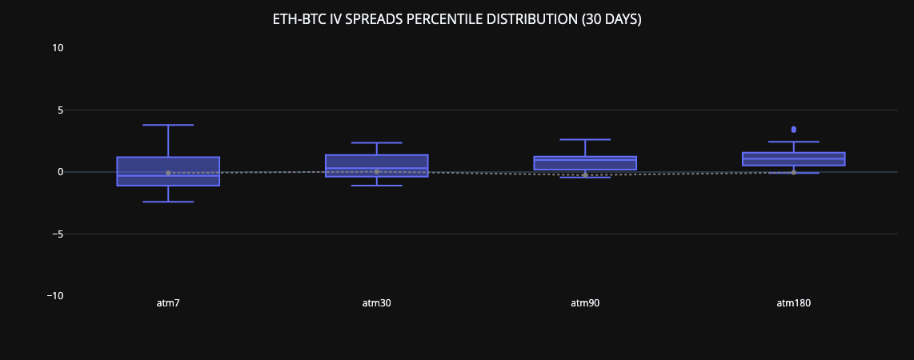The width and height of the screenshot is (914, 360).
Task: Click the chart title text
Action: [457, 18]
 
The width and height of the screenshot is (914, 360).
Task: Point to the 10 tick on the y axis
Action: [58, 48]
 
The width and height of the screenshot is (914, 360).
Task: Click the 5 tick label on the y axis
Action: [60, 110]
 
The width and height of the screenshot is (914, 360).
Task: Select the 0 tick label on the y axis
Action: [60, 172]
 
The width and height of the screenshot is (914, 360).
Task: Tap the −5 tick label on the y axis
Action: [56, 234]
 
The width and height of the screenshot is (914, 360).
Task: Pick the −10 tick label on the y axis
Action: [54, 296]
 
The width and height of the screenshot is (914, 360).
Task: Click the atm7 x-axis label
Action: [168, 303]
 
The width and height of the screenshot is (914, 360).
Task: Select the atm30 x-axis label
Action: [376, 303]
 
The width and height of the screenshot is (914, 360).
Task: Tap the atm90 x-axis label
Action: [585, 303]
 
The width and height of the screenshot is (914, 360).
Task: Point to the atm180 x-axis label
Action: [793, 303]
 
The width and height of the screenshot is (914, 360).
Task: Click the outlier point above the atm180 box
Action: [793, 129]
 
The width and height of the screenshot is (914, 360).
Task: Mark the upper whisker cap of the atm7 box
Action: [168, 125]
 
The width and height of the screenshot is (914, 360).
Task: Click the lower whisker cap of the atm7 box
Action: [168, 202]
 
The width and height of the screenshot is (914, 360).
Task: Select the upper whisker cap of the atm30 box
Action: [376, 142]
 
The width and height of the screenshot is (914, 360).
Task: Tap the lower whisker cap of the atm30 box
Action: [376, 186]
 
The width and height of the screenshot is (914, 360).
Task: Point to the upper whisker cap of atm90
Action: [585, 139]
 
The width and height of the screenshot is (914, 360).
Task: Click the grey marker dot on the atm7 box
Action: [168, 173]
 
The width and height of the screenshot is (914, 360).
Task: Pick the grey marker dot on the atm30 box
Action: [376, 171]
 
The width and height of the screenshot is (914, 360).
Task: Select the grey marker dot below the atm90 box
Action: [585, 174]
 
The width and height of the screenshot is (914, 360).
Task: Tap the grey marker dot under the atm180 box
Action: [793, 171]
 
